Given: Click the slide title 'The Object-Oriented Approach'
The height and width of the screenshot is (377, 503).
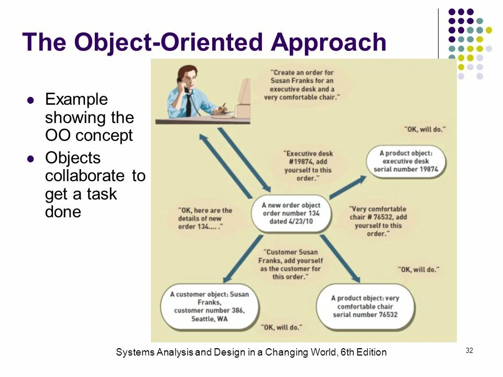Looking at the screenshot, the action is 204,42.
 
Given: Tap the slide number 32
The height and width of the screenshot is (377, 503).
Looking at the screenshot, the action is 469,350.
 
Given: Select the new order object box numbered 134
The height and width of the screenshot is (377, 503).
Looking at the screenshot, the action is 291,213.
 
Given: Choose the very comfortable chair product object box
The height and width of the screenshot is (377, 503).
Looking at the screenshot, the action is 365,306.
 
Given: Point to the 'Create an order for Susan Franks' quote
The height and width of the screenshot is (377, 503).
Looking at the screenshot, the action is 302,85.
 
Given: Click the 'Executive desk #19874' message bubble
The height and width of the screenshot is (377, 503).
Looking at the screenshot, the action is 309,166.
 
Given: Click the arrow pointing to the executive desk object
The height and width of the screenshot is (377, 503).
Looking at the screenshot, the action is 348,187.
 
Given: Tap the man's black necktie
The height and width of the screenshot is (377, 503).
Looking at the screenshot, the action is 188,105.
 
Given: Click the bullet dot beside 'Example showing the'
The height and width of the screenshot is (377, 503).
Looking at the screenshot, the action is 30,99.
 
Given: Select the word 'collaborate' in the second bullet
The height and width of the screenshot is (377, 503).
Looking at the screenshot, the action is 86,175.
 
